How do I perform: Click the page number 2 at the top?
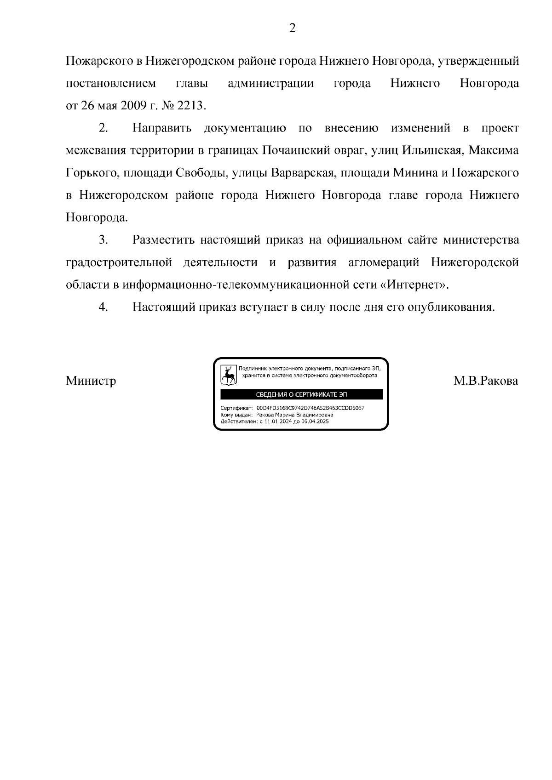[x=293, y=28]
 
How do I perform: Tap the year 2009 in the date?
[x=133, y=106]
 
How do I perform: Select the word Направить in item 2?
[x=162, y=128]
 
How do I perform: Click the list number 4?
[x=103, y=307]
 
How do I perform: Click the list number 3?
[x=103, y=240]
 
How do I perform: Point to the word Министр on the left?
[x=91, y=381]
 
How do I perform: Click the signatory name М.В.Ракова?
[x=486, y=381]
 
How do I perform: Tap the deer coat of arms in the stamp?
[x=229, y=375]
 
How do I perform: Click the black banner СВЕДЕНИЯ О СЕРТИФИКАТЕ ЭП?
[x=301, y=394]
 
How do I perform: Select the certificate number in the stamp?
[x=310, y=408]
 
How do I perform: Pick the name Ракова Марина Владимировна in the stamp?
[x=295, y=415]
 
